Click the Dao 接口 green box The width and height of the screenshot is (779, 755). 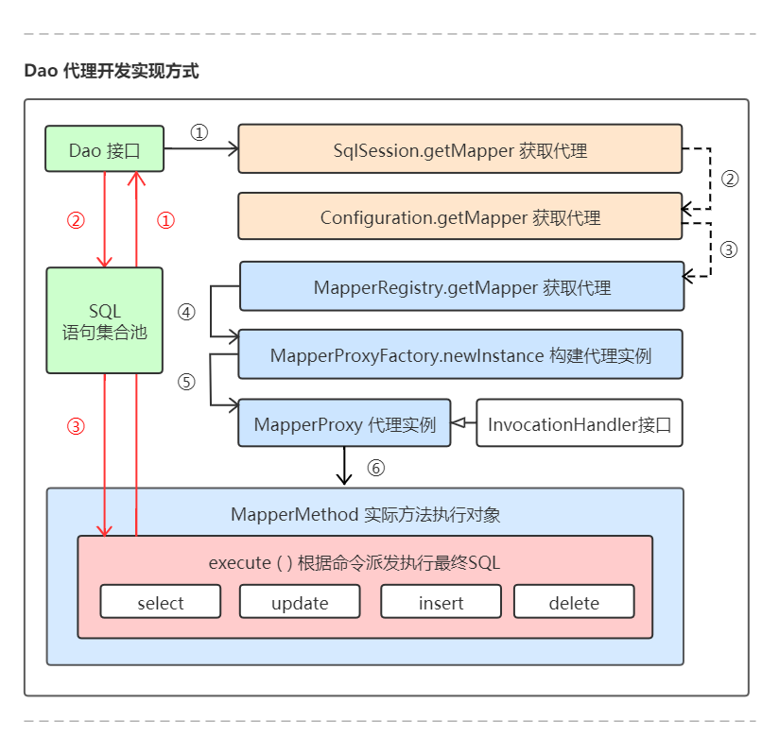tap(104, 149)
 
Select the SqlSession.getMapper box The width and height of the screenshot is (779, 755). tap(459, 149)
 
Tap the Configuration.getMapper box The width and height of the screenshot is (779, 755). tap(459, 217)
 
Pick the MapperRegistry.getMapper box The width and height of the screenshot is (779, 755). tap(461, 286)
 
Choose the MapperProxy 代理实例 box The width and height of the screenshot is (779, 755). tap(344, 423)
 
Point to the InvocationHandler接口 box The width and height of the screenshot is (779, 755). tap(579, 423)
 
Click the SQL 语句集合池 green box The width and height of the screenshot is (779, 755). tap(104, 320)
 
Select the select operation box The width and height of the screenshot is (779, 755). tap(160, 602)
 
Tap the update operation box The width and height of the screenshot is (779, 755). tap(300, 602)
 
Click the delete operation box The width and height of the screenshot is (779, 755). tap(574, 602)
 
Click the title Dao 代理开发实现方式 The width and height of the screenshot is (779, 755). tap(112, 72)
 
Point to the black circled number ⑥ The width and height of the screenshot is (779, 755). tap(376, 467)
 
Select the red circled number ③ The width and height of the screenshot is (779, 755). tap(76, 425)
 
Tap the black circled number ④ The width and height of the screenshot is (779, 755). tap(186, 312)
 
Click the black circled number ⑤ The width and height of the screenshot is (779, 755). tap(186, 382)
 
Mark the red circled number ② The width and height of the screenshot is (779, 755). tap(76, 220)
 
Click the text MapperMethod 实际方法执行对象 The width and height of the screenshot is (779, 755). tap(365, 514)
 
